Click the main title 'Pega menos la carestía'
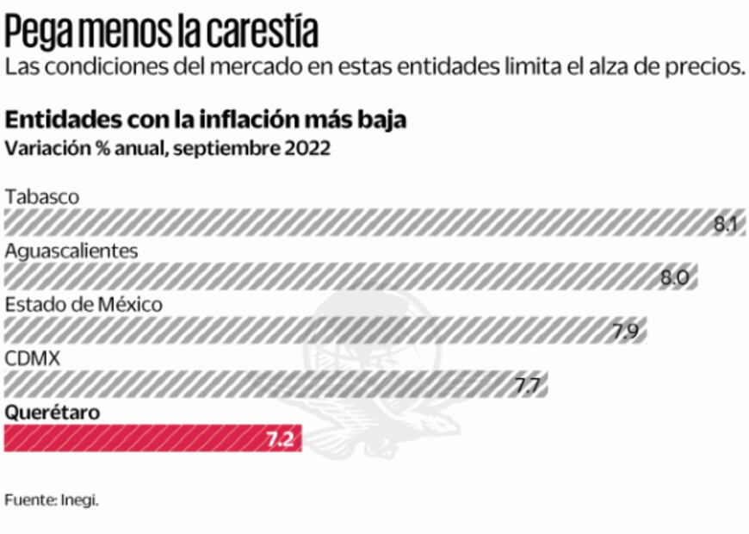point(162,32)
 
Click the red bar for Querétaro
point(129,438)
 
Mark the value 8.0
point(674,277)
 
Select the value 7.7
point(527,385)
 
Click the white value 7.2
point(279,439)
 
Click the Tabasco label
point(42,197)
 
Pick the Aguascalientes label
point(71,251)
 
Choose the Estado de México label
point(84,304)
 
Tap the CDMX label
point(33,358)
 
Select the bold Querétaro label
point(53,412)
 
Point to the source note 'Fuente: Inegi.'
point(52,500)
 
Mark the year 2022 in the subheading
point(305,147)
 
